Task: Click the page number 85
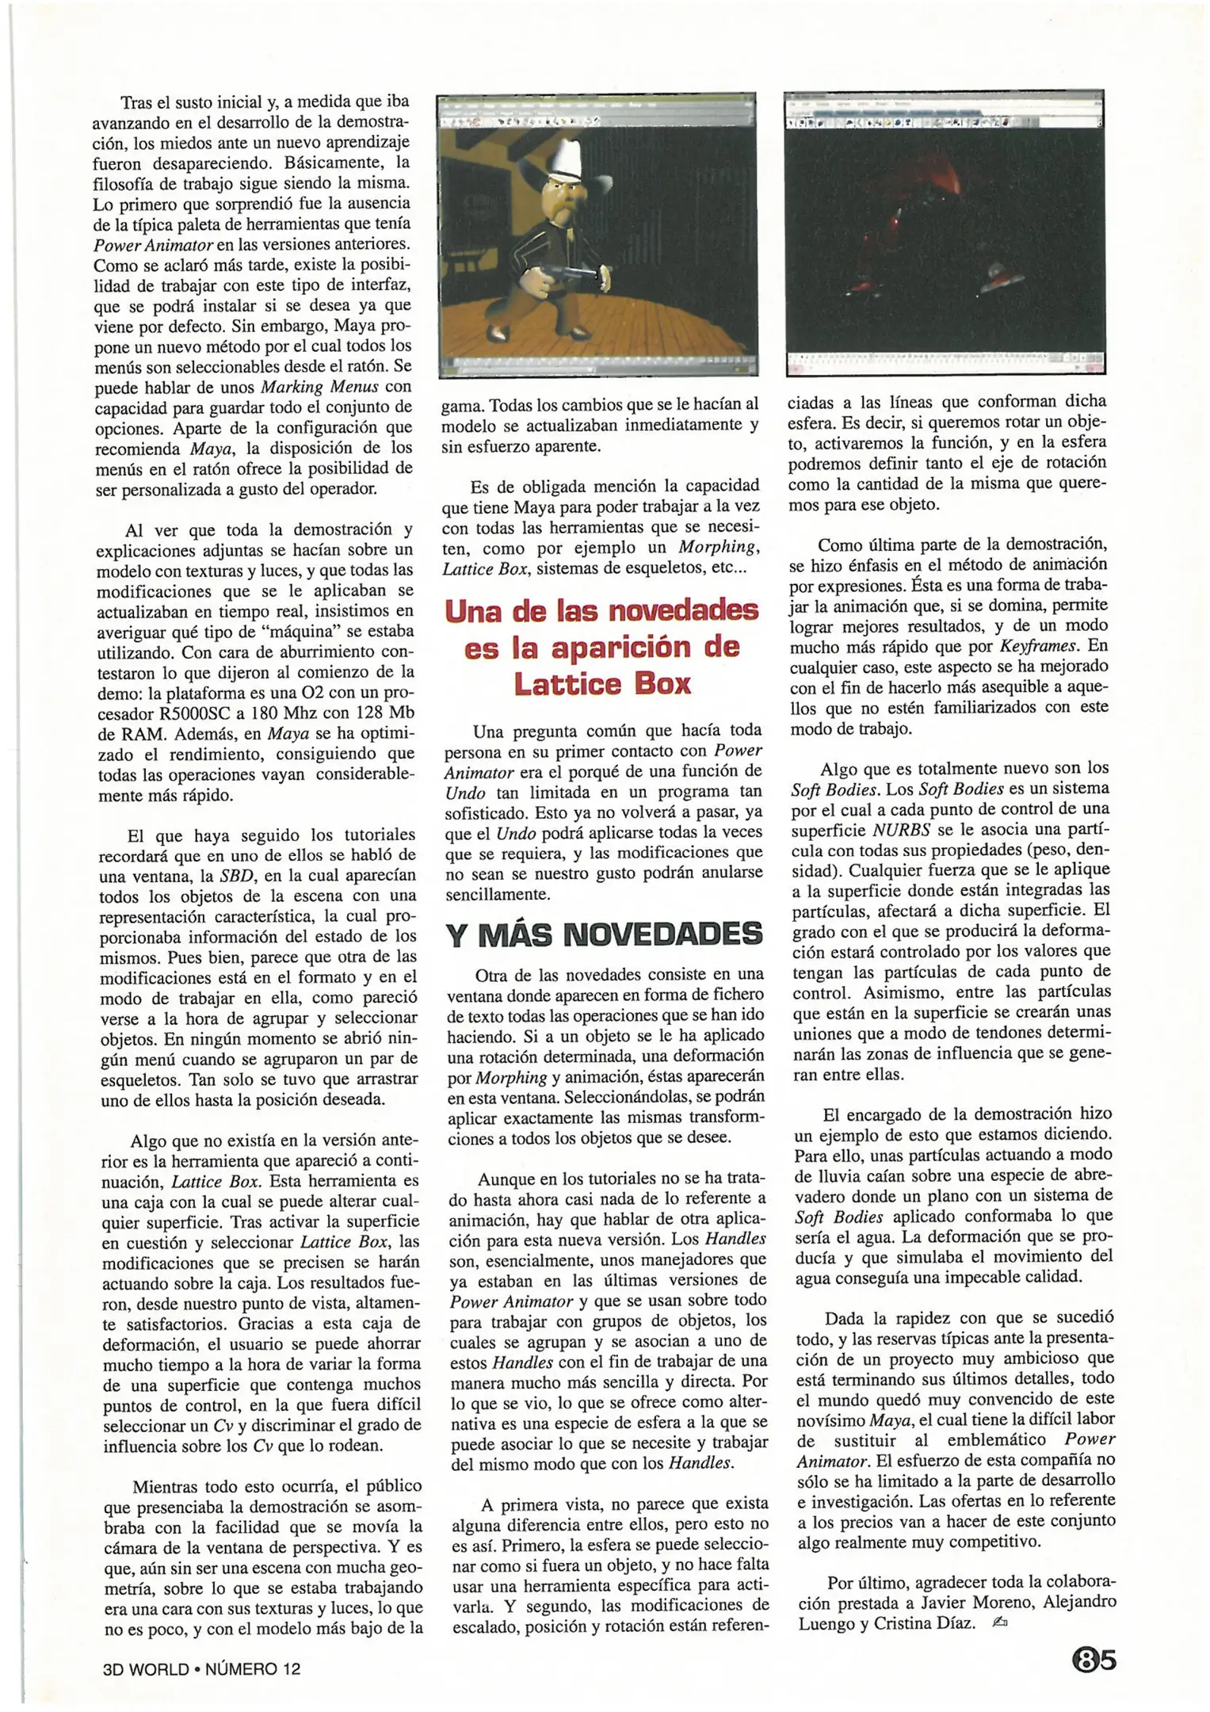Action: tap(1094, 1659)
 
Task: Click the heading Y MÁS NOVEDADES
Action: tap(604, 935)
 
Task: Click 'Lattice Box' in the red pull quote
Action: tap(602, 684)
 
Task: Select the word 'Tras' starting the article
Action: tap(136, 103)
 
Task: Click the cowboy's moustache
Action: tap(570, 204)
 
